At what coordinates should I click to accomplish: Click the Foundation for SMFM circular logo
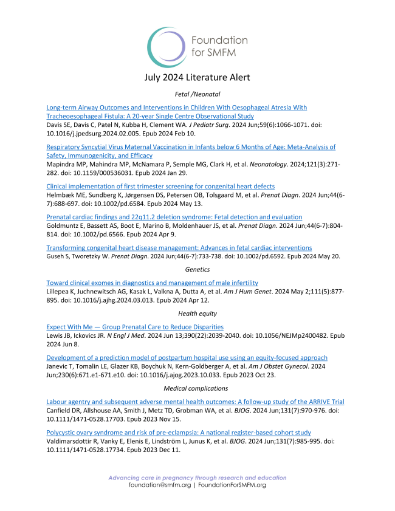coord(168,47)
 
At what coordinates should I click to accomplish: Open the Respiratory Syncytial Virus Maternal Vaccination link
coord(191,147)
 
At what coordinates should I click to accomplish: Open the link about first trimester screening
coord(160,186)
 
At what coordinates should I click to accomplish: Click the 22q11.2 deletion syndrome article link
coord(174,217)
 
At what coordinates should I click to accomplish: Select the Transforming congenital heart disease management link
coord(179,248)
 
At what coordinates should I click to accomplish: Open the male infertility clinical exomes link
coord(152,283)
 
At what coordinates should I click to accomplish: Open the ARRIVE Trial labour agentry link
coord(196,402)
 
